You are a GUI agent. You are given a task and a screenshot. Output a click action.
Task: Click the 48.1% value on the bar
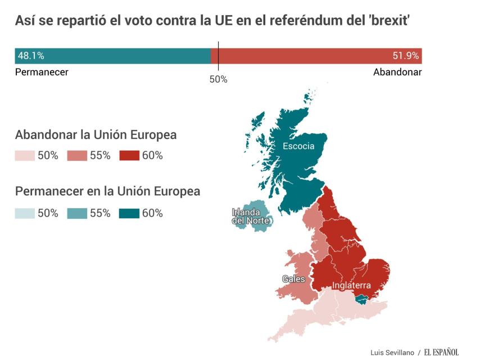31,56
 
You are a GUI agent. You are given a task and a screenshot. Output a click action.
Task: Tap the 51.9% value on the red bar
405,56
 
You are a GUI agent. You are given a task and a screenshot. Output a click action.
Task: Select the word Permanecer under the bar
42,72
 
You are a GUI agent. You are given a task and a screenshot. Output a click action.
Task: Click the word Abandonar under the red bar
397,72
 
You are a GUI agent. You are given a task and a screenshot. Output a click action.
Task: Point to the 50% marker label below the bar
218,79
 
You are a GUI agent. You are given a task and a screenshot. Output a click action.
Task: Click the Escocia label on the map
298,146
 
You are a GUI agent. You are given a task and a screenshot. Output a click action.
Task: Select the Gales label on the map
293,279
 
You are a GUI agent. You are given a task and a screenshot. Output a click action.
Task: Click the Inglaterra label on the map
351,285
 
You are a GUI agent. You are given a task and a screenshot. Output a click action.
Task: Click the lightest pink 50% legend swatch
25,156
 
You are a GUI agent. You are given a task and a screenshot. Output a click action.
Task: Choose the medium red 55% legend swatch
77,156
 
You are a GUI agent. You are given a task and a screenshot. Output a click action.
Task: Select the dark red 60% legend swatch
129,156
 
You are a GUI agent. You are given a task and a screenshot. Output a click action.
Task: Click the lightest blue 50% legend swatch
25,213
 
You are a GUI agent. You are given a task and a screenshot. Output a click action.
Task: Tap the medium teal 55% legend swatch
77,213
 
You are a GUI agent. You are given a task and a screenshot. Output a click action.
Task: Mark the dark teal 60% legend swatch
129,213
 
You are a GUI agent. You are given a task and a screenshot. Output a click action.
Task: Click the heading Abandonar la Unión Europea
96,135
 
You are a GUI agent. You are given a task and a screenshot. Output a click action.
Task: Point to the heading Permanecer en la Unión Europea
107,191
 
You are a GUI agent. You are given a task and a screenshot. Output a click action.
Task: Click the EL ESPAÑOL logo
441,352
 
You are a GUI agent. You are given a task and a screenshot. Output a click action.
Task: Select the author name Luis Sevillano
392,353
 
